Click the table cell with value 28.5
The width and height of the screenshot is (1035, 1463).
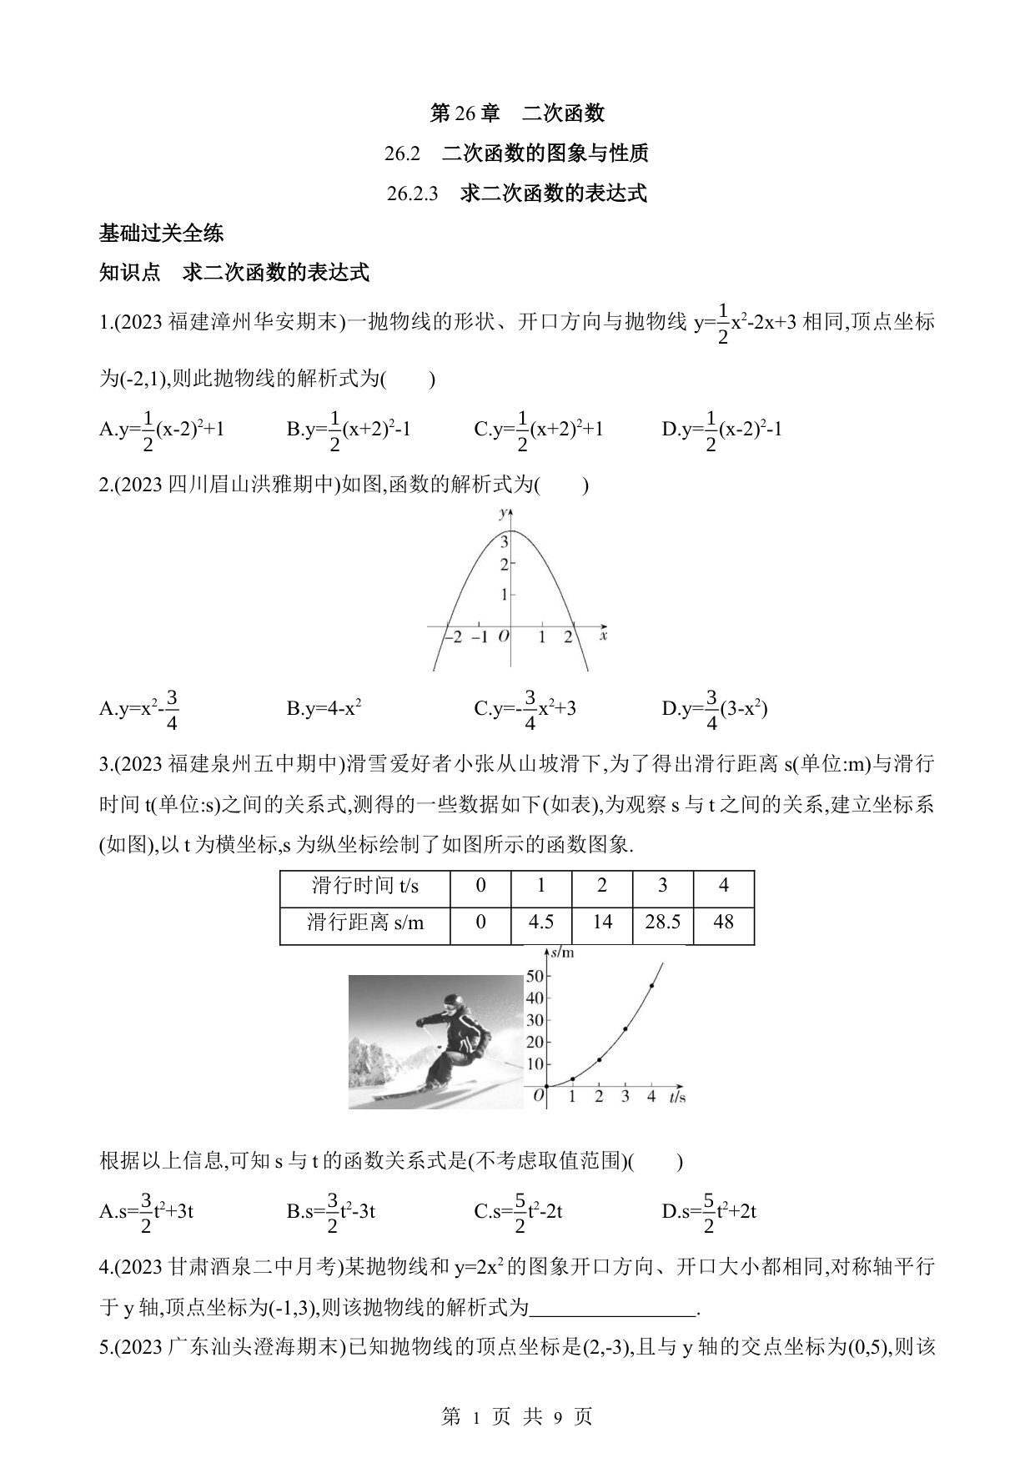point(663,922)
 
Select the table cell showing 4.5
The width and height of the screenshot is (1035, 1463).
point(541,922)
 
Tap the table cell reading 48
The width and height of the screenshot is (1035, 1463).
point(723,922)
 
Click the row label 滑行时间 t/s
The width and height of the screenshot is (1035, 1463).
point(365,885)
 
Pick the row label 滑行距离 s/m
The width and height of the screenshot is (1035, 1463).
point(365,922)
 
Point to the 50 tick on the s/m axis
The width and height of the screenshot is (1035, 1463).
point(535,976)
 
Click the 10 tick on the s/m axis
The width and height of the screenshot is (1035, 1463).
point(535,1064)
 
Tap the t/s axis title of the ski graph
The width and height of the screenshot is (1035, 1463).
point(676,1096)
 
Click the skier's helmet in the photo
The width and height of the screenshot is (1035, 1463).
point(453,1002)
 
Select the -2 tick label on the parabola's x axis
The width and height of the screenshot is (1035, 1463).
point(452,636)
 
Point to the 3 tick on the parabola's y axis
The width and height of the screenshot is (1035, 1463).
point(504,541)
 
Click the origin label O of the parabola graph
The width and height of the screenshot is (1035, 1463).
point(503,636)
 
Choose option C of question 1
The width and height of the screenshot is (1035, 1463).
point(539,430)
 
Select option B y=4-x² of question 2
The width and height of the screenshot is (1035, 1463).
point(324,709)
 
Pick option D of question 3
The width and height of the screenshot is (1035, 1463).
point(709,1212)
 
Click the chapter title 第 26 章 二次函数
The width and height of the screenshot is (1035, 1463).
point(516,113)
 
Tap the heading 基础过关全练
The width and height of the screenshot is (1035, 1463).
point(161,234)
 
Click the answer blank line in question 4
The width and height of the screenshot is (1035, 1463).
point(613,1309)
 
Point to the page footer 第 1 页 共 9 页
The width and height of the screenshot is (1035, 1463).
point(516,1416)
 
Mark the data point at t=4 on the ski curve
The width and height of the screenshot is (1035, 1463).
point(651,986)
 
